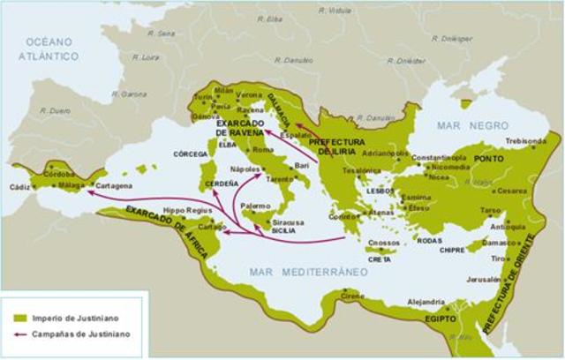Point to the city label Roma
click(263, 150)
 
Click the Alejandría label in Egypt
click(426, 302)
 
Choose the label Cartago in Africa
click(212, 226)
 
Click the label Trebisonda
click(525, 140)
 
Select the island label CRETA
click(380, 259)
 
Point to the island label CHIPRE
click(453, 250)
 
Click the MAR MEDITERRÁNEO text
click(307, 272)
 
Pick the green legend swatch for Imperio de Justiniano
click(19, 318)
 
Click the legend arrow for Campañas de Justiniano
click(19, 334)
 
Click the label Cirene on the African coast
click(352, 296)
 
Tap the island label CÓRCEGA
click(190, 154)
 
